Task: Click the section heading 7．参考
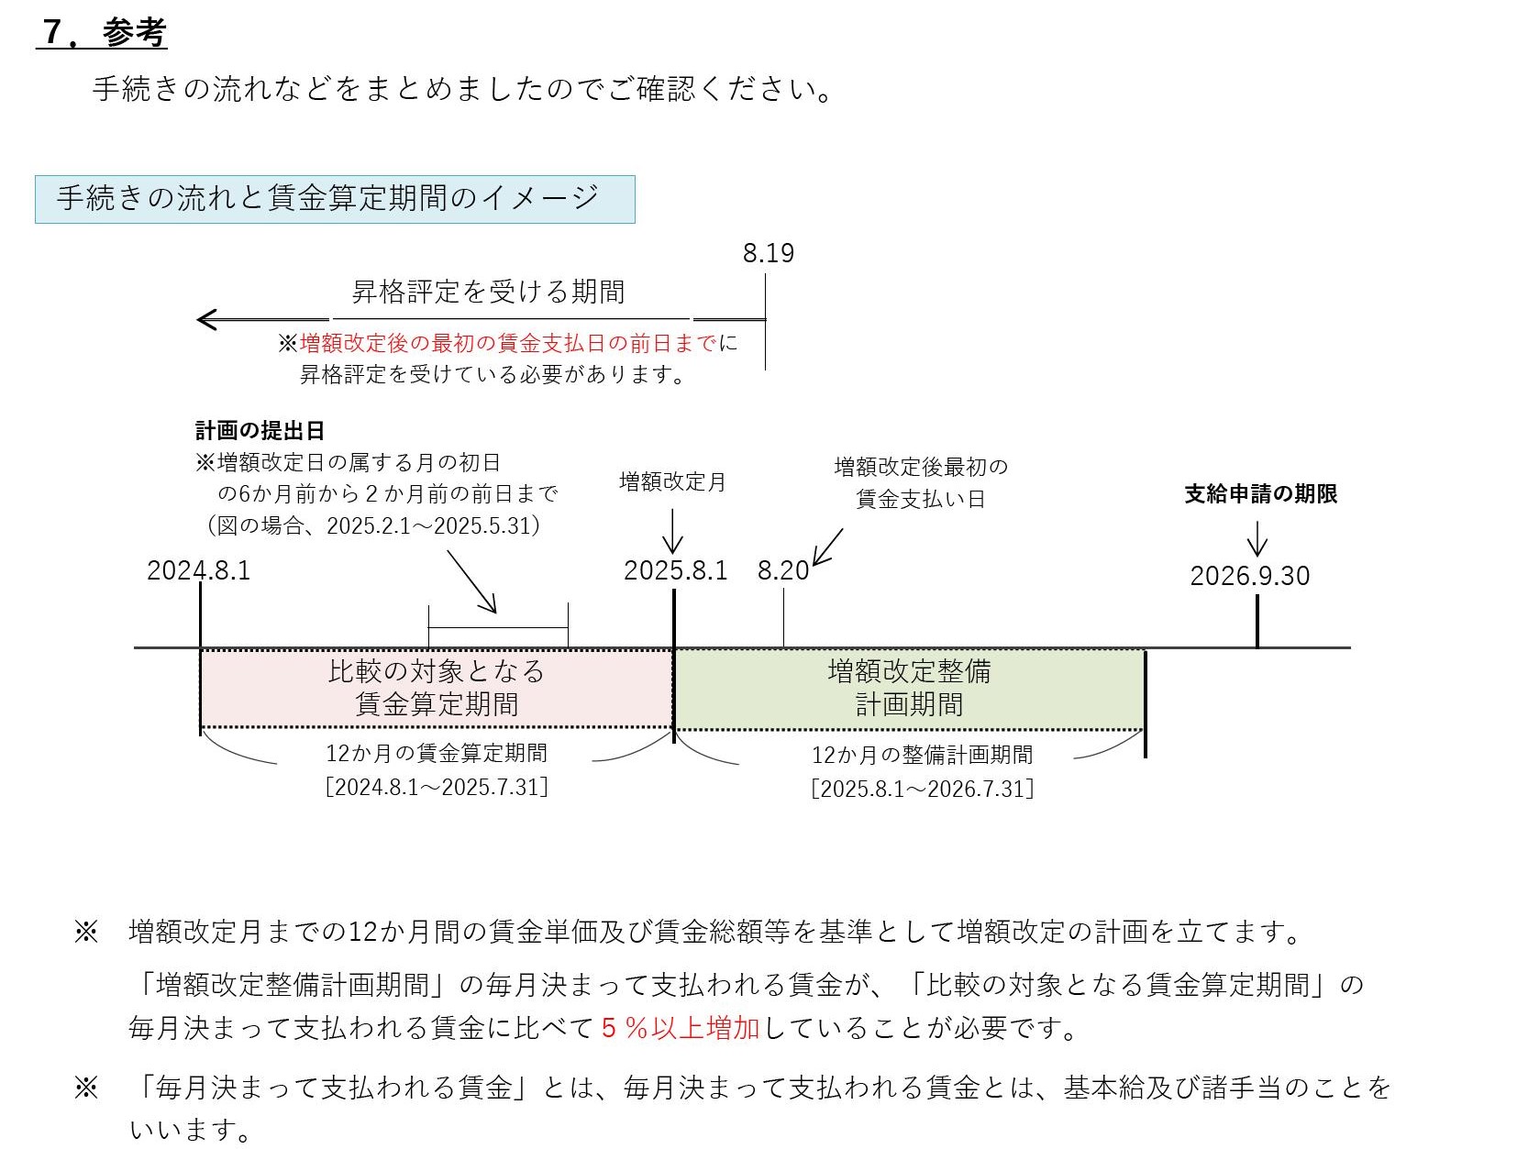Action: click(x=103, y=32)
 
